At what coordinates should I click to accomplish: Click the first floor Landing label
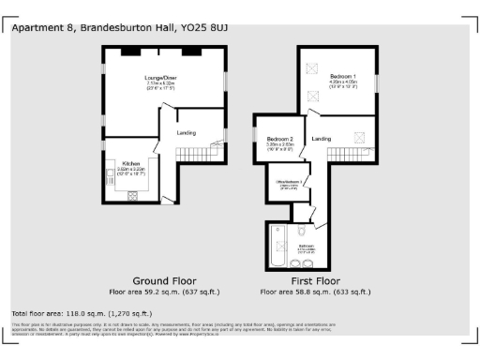click(x=322, y=139)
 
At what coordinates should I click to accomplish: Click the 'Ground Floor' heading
click(x=165, y=280)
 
